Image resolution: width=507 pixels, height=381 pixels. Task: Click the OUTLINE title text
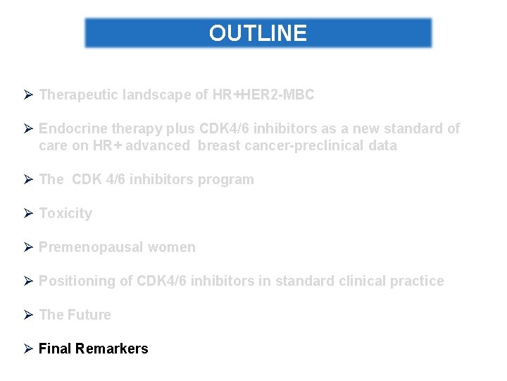pyautogui.click(x=258, y=33)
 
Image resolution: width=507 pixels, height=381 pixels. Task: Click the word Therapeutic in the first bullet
pyautogui.click(x=77, y=95)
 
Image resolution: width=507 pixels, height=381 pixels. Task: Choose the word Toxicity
pyautogui.click(x=65, y=213)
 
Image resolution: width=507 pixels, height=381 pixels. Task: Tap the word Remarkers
pyautogui.click(x=112, y=349)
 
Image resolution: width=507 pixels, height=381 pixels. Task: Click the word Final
pyautogui.click(x=55, y=349)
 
